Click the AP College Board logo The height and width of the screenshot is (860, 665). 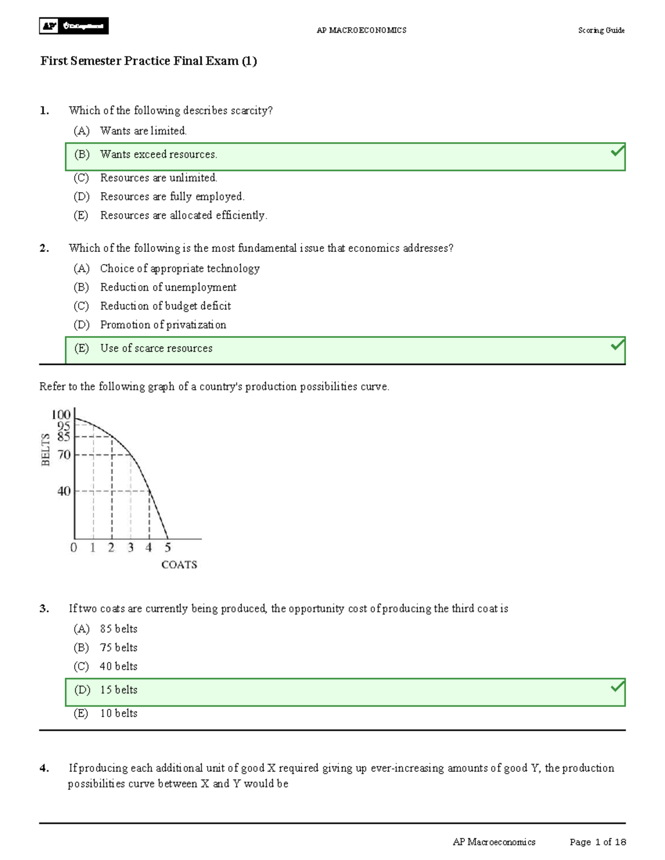click(x=74, y=26)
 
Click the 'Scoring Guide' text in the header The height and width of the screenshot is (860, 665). click(x=601, y=30)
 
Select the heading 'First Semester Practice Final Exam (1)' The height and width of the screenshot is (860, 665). click(x=149, y=61)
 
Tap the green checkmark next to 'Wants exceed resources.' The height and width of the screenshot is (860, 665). click(x=617, y=151)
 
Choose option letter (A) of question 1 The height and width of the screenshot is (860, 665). click(x=81, y=131)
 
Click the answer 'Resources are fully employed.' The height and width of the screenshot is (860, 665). click(x=172, y=197)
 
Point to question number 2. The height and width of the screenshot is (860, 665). click(x=44, y=248)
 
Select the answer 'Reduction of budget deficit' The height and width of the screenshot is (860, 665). click(x=165, y=306)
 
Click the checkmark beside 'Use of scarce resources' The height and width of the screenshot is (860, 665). click(x=617, y=345)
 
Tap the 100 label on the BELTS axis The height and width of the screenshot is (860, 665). click(x=61, y=414)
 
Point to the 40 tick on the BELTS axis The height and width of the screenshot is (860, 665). click(x=64, y=491)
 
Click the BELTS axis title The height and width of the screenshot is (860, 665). click(x=45, y=449)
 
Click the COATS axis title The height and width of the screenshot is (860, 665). click(x=179, y=565)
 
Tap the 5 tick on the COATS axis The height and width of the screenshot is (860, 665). click(x=167, y=548)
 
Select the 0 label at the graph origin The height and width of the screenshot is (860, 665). click(x=74, y=548)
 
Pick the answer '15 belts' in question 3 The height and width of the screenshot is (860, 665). click(x=119, y=690)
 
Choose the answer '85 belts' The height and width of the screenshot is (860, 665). click(x=119, y=629)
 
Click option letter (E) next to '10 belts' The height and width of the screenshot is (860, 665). click(x=81, y=713)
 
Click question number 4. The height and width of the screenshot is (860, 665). click(x=44, y=768)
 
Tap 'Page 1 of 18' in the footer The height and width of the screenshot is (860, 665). click(x=597, y=842)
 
